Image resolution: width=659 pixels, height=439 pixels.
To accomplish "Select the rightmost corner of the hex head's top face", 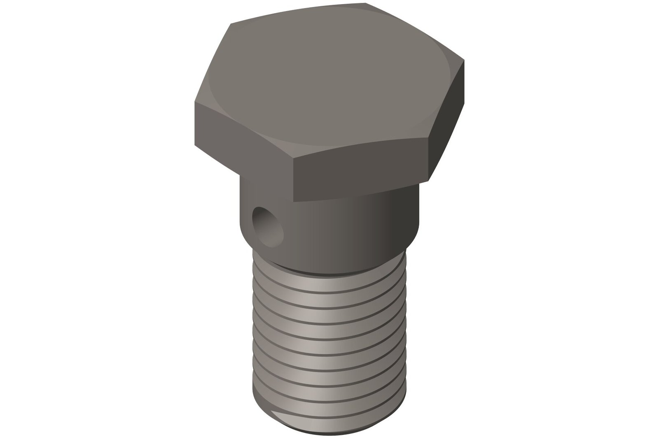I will point(464,60).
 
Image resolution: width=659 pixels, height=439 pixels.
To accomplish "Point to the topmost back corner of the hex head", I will point(366,4).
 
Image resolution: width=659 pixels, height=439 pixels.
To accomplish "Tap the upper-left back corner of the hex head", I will point(230,24).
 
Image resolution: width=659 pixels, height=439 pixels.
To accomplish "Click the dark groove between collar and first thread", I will point(329,272).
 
